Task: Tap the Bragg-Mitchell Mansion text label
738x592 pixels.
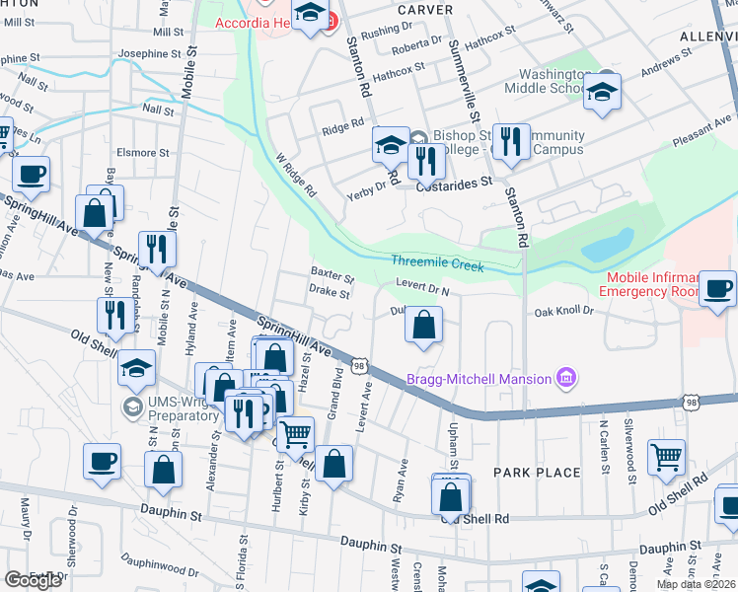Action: tap(480, 378)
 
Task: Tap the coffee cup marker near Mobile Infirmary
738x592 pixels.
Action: tap(717, 288)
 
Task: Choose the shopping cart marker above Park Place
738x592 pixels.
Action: tap(667, 457)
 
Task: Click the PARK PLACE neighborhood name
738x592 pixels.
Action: tap(537, 473)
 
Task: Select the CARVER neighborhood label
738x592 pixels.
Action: tap(425, 9)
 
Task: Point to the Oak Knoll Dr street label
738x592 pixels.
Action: tap(563, 311)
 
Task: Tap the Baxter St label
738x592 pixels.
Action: tap(332, 274)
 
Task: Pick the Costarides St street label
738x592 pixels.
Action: tap(454, 184)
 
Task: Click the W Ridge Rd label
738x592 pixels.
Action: tap(295, 175)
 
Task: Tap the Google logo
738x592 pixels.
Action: tap(33, 580)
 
